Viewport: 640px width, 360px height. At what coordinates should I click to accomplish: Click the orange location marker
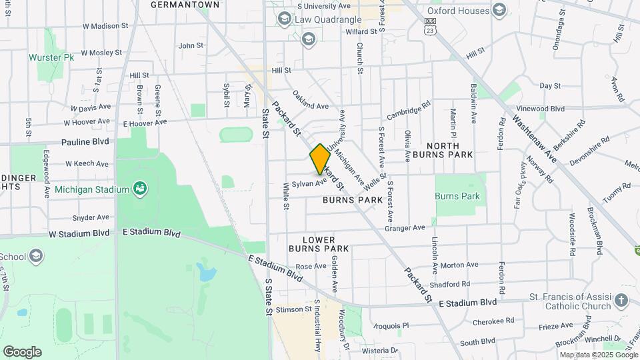coord(320,158)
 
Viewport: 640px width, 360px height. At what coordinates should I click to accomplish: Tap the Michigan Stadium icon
coord(139,189)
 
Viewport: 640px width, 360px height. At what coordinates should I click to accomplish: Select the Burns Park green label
coord(457,196)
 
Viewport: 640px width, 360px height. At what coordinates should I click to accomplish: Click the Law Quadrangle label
coord(328,19)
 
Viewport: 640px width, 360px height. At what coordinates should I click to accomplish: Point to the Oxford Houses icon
coord(499,10)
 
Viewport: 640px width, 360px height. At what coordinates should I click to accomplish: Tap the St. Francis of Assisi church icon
coord(621,299)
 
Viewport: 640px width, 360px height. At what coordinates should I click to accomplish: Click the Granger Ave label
coord(404,228)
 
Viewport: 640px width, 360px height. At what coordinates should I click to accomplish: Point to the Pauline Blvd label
coord(85,142)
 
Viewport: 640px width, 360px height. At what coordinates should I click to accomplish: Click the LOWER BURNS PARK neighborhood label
coord(318,244)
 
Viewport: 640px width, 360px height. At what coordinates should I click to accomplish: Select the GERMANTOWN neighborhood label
coord(185,5)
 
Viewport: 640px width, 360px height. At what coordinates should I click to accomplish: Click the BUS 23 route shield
coord(430,26)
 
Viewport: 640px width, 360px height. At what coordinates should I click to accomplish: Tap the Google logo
coord(21,352)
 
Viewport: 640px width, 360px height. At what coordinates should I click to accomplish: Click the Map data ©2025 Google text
coord(598,355)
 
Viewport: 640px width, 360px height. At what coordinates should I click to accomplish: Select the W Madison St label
coord(105,26)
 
